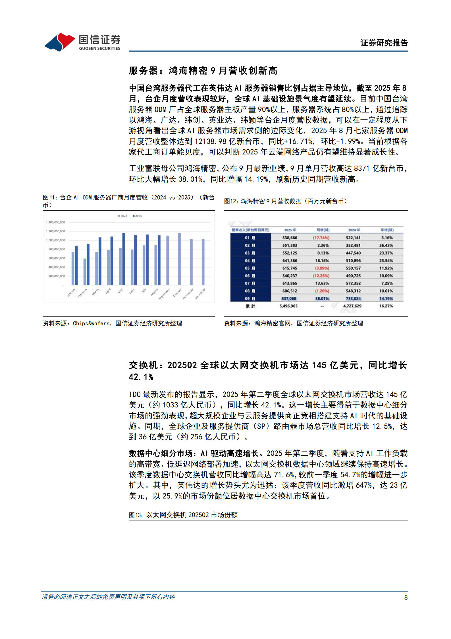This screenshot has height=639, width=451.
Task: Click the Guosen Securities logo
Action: (x=82, y=42)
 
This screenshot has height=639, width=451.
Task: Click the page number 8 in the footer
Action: (x=406, y=597)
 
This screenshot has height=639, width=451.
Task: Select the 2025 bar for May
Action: (x=124, y=259)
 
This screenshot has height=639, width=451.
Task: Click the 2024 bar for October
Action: (x=179, y=259)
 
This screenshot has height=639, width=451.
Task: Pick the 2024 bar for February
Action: (x=85, y=272)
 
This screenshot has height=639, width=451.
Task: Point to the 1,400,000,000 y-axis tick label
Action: (x=55, y=222)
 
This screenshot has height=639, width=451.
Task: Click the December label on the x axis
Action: (x=200, y=293)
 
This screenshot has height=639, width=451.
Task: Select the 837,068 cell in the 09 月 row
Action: (x=289, y=299)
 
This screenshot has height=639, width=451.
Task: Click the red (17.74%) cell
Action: (x=321, y=238)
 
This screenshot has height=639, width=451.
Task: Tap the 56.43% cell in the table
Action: (x=386, y=245)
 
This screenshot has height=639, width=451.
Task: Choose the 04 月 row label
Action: (x=250, y=260)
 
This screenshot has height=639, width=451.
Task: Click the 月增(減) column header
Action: (x=323, y=230)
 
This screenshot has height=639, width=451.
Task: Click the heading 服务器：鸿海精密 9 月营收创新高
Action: (x=203, y=71)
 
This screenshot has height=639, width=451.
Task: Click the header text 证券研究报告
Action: (x=384, y=43)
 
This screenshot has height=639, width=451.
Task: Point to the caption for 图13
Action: (x=183, y=515)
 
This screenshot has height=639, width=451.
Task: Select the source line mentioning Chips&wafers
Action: (x=113, y=323)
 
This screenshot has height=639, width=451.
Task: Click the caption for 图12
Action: (x=285, y=201)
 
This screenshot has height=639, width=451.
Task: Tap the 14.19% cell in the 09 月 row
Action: (x=386, y=299)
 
